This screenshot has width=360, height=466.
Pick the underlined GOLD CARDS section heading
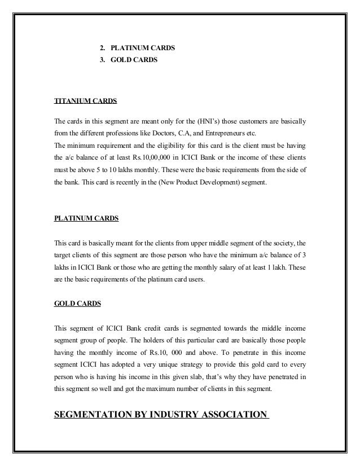click(77, 303)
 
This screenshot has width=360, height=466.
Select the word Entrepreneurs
click(223, 134)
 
